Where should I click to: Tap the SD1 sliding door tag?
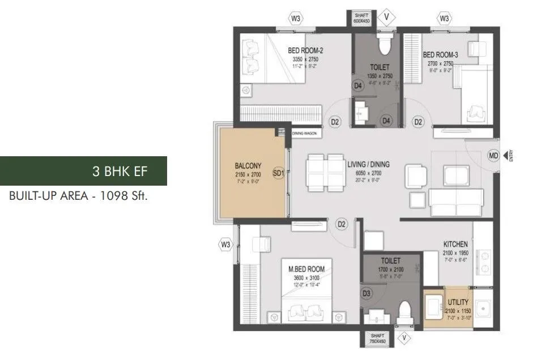pyautogui.click(x=278, y=173)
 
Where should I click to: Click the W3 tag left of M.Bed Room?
pyautogui.click(x=226, y=245)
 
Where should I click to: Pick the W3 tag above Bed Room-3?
pyautogui.click(x=444, y=19)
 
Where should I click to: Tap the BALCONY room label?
pyautogui.click(x=248, y=166)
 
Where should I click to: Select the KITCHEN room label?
pyautogui.click(x=455, y=244)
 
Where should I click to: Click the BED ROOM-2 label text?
pyautogui.click(x=305, y=50)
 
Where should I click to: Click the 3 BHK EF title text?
pyautogui.click(x=120, y=171)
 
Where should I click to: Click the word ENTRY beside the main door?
pyautogui.click(x=511, y=155)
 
